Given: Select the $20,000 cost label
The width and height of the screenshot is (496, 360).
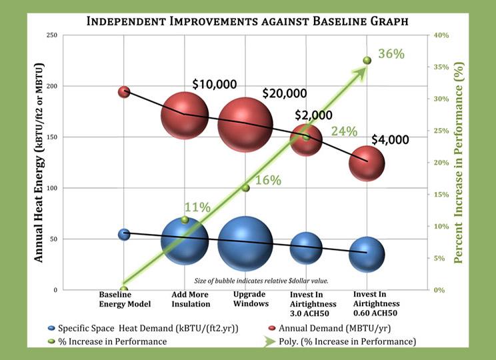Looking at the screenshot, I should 284,93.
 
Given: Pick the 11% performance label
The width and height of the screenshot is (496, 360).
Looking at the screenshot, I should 197,207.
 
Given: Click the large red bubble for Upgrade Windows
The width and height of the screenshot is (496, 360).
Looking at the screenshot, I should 245,125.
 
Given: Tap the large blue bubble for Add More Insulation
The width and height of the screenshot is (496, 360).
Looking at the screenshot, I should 185,241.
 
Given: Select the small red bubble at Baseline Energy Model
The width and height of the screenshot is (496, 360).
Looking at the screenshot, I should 124,92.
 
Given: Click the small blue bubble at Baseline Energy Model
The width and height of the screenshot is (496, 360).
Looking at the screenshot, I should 124,234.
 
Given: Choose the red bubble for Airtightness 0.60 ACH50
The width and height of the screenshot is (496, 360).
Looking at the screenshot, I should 367,164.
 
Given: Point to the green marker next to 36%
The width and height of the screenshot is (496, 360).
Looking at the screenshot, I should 367,61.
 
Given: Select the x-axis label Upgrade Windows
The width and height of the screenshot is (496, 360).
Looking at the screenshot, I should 251,299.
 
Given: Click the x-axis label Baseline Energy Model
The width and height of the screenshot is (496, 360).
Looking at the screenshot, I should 125,299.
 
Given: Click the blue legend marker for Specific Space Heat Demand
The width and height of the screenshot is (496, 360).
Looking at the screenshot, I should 51,329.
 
